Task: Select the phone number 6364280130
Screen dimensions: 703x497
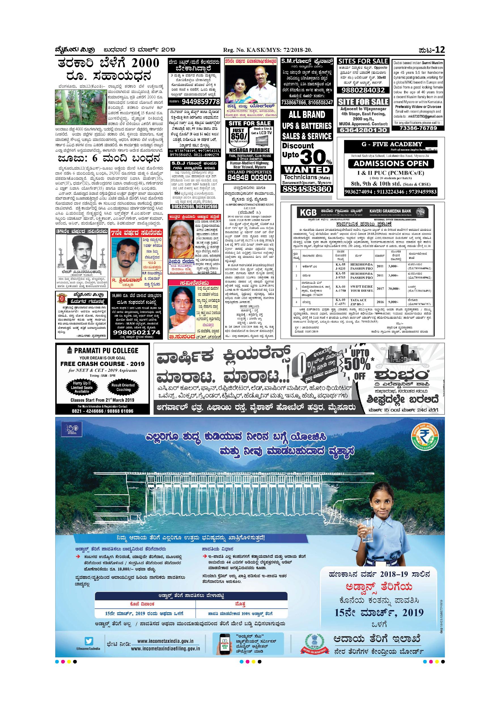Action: pyautogui.click(x=363, y=130)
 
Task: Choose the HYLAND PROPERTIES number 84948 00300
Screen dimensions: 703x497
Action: pyautogui.click(x=250, y=177)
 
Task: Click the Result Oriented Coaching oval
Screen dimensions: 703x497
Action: pyautogui.click(x=123, y=387)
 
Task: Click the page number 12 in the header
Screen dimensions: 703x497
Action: pyautogui.click(x=440, y=50)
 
